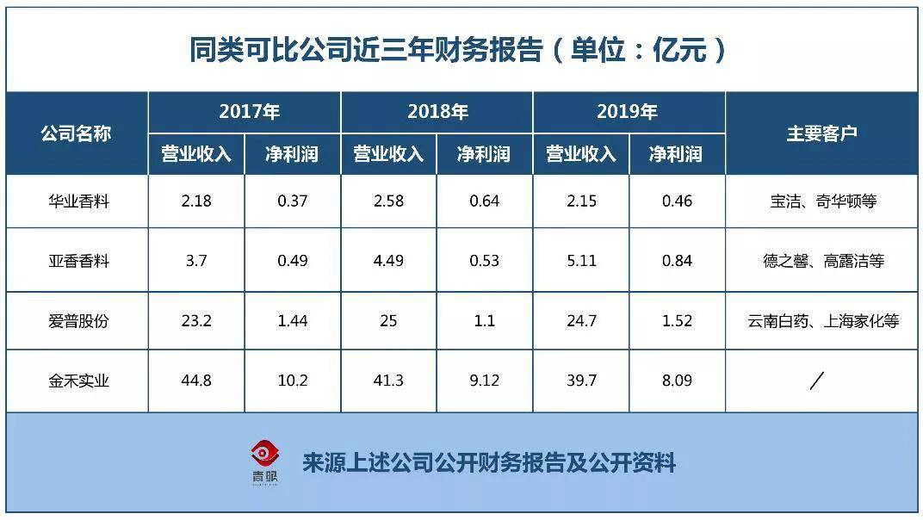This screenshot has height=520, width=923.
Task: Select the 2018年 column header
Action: pos(437,112)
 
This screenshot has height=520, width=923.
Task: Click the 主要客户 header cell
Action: pos(821,133)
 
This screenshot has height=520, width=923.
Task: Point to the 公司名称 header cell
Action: pos(76,133)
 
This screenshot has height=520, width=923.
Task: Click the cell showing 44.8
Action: pos(196,380)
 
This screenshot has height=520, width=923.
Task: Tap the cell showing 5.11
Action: pos(582,260)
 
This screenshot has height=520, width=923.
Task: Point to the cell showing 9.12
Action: pos(484,380)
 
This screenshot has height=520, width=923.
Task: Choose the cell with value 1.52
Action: pos(677,321)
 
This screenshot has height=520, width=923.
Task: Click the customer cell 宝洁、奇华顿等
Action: pos(822,201)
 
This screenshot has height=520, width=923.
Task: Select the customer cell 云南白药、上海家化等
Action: pos(823,321)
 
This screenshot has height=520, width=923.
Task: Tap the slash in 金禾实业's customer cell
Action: pos(817,380)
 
